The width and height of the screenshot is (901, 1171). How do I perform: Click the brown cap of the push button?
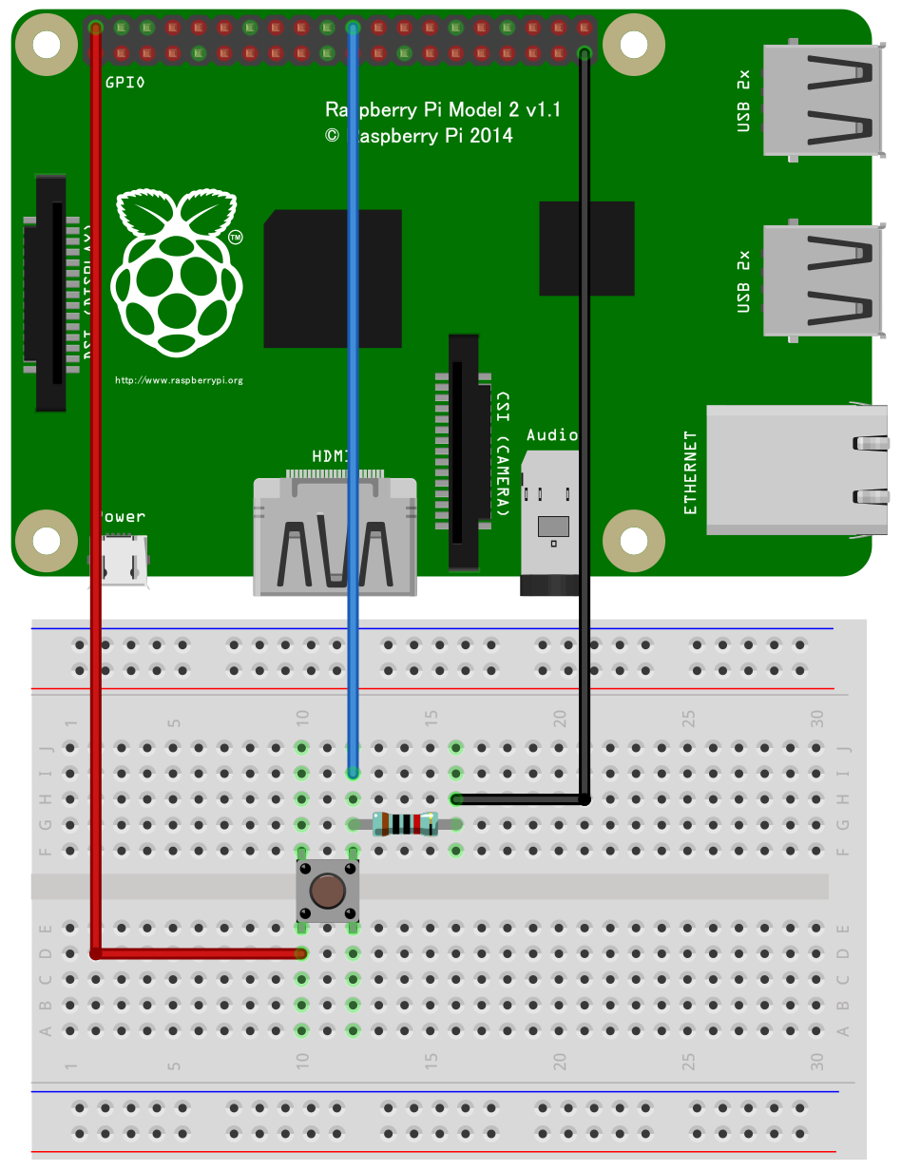pos(328,892)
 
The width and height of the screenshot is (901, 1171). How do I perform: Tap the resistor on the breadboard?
pos(405,824)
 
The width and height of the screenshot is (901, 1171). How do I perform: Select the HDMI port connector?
pos(335,537)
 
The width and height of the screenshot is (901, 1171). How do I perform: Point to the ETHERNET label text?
pos(691,472)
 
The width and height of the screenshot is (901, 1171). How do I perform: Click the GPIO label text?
pos(125,83)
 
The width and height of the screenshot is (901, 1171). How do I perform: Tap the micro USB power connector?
pos(121,560)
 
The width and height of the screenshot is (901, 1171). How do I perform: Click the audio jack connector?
pos(550,528)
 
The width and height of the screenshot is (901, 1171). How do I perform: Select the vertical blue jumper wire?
pos(353,380)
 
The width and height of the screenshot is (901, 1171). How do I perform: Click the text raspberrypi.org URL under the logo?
pos(179,380)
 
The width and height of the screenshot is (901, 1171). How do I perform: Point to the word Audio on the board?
pos(552,434)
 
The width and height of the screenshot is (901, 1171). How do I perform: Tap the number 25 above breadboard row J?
pos(688,717)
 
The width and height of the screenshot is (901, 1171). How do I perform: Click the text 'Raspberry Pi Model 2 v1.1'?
pos(443,110)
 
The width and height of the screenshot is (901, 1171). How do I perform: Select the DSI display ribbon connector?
pos(50,293)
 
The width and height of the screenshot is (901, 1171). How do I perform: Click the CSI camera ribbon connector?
pos(464,451)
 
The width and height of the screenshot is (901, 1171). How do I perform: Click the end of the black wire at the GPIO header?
pos(585,51)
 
